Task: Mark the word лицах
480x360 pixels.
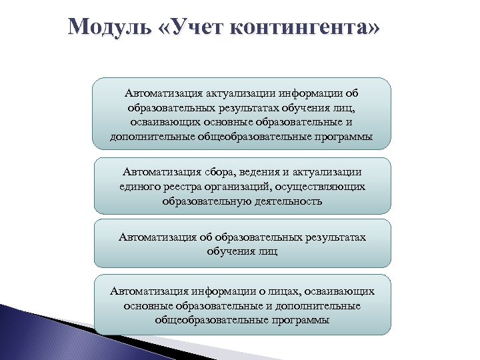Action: pyautogui.click(x=266, y=291)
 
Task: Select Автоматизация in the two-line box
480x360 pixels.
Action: pyautogui.click(x=155, y=237)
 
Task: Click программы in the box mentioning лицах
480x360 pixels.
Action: pyautogui.click(x=298, y=319)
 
